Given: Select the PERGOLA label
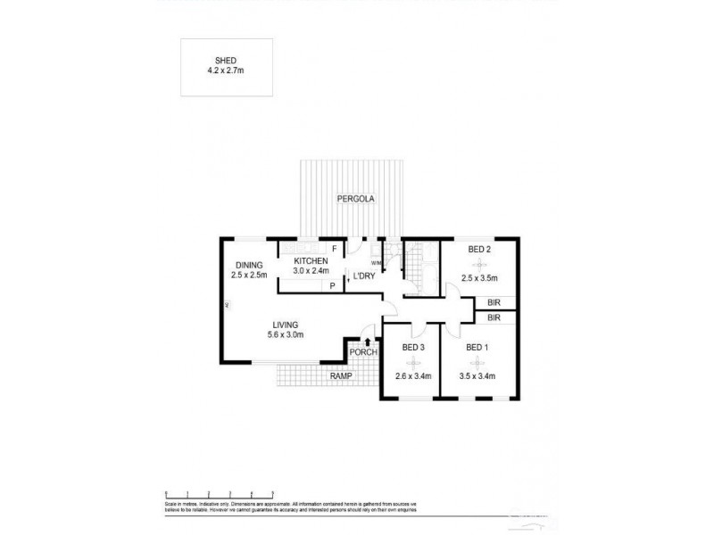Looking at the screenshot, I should tap(354, 199).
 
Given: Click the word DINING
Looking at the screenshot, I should tap(249, 265).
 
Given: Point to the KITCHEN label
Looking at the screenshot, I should tap(311, 260).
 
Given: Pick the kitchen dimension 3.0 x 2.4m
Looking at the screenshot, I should tap(311, 270).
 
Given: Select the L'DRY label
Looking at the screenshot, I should tap(362, 276).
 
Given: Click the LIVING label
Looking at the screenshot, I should tap(286, 325).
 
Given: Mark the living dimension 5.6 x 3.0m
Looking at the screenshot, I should tap(286, 335).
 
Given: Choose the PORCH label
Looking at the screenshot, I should tap(364, 352).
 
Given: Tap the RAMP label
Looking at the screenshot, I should tap(341, 376).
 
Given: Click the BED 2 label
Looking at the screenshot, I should tap(479, 251).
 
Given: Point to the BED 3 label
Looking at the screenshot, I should tap(413, 348).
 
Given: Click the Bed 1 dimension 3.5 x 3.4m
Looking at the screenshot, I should tap(477, 376).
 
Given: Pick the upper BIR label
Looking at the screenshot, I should tap(494, 303).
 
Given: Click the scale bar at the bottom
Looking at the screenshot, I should tap(220, 493).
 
